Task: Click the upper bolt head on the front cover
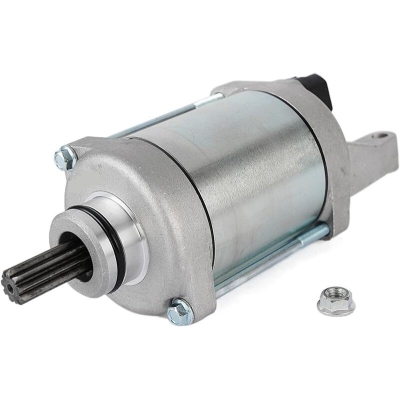(x=68, y=156)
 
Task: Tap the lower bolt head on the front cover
(x=179, y=312)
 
